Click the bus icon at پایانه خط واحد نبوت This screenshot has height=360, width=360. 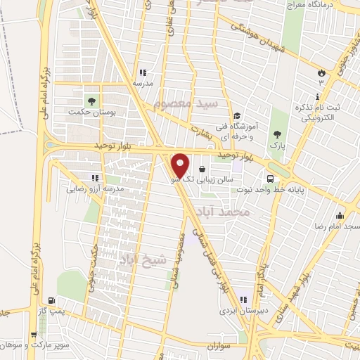point(270,179)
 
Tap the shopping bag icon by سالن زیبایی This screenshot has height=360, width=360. point(202,169)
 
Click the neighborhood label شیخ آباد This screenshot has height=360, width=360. point(144,259)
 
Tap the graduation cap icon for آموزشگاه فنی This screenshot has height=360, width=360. point(237,116)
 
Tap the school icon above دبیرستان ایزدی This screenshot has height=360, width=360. point(243,299)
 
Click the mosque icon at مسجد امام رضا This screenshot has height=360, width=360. point(340,216)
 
